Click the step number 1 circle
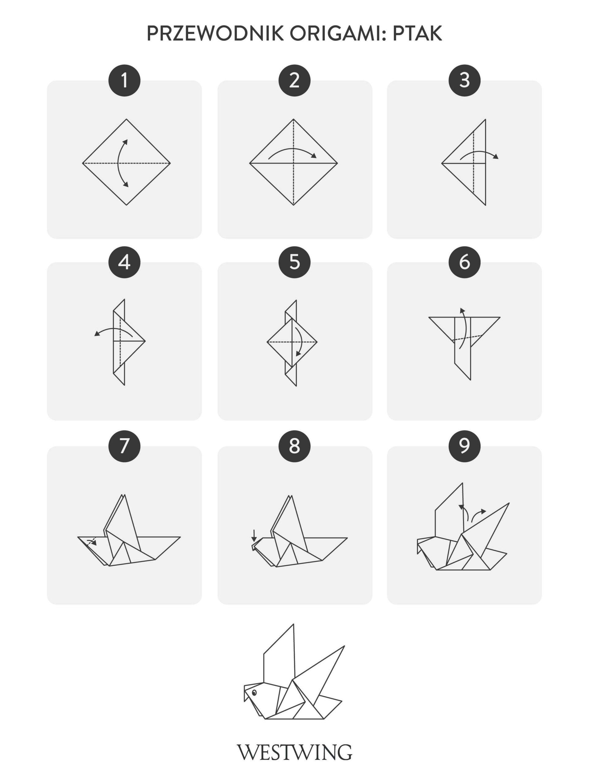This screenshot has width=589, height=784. click(124, 81)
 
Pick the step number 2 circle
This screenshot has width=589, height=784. click(294, 81)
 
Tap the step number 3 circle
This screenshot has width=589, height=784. click(464, 81)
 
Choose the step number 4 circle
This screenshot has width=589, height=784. click(124, 262)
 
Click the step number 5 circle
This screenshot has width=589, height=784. click(294, 262)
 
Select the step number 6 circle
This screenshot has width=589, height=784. click(464, 262)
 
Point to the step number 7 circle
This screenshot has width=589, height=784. click(124, 446)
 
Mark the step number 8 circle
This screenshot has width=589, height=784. click(294, 446)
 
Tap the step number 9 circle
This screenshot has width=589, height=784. click(464, 446)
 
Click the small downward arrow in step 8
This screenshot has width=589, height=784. click(254, 536)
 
